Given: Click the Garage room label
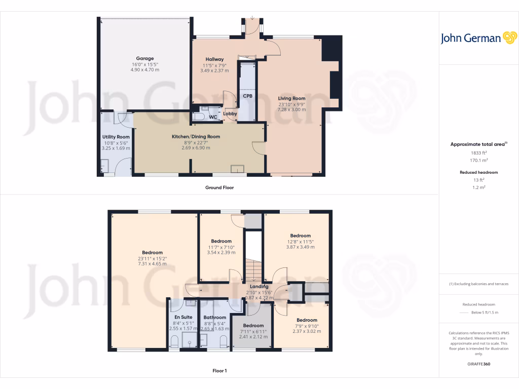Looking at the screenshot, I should [144, 58].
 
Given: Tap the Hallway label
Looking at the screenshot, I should [214, 59].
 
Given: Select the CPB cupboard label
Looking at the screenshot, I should [247, 96].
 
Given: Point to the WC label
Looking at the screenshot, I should [213, 117].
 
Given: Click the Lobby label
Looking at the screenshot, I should [231, 114].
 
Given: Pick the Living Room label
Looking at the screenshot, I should [291, 98].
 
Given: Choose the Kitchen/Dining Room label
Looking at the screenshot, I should [196, 136].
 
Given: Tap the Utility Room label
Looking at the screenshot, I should [117, 137].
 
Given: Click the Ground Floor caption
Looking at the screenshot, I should [219, 187].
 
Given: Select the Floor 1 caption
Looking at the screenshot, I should [219, 371].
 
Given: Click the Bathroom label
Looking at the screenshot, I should [214, 318].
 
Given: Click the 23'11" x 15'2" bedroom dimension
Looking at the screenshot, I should [152, 259].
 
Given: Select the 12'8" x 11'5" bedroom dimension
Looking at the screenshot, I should [300, 242].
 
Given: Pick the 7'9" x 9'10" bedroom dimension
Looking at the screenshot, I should [307, 326].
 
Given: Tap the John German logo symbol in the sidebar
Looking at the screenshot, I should [509, 38].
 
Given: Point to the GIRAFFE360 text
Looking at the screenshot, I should [479, 364].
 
